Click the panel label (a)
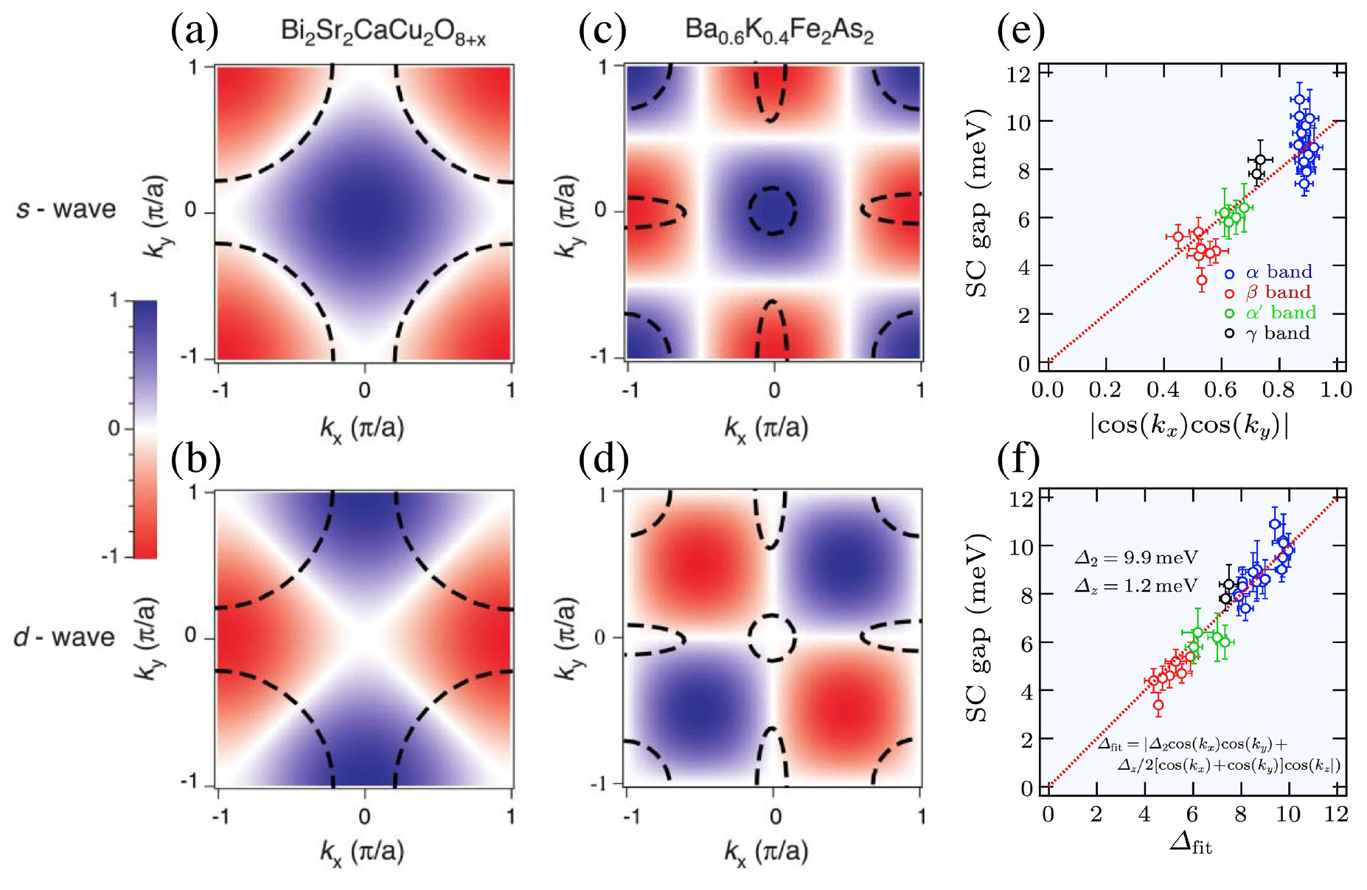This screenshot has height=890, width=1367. [195, 32]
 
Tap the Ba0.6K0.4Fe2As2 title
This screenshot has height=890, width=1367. [779, 31]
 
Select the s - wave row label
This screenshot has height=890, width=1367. [66, 209]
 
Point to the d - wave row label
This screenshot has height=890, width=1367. [65, 637]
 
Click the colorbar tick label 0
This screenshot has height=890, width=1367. [114, 428]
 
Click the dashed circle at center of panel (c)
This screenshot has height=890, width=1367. [773, 210]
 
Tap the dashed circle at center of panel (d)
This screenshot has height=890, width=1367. [772, 637]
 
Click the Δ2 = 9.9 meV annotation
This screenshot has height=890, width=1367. [1136, 558]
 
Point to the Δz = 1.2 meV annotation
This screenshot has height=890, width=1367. [1136, 586]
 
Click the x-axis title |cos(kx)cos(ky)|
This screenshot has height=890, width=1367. [1189, 426]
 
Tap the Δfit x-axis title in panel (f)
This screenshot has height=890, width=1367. [1190, 843]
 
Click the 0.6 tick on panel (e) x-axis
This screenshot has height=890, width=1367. [1220, 389]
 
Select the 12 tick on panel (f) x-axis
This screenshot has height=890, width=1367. [1335, 814]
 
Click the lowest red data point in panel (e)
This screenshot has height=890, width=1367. [1202, 280]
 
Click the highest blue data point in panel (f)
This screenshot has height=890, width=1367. [1275, 524]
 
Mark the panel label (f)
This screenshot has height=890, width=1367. [1018, 459]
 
